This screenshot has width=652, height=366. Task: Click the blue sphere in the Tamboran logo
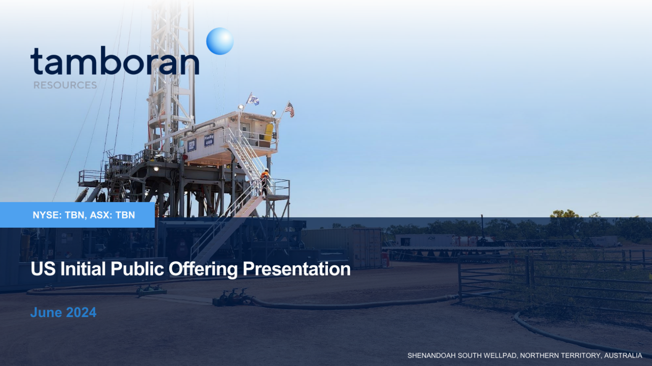[x=220, y=41]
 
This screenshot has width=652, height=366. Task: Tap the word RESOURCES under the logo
[x=65, y=86]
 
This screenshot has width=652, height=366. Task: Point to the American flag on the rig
[x=289, y=109]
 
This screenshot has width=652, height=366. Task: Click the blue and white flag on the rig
[x=253, y=99]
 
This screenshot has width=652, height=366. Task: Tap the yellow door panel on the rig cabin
[x=268, y=134]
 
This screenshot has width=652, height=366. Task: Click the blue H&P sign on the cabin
[x=192, y=145]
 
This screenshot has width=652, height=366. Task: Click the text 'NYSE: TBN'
[x=59, y=215]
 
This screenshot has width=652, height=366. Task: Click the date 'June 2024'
[x=63, y=312]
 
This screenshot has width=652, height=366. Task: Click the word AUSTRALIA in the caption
[x=623, y=355]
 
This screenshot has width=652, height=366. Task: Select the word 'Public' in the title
[x=137, y=269]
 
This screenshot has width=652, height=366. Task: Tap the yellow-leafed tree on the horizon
[x=564, y=216]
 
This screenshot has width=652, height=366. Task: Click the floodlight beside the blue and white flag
[x=241, y=107]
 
